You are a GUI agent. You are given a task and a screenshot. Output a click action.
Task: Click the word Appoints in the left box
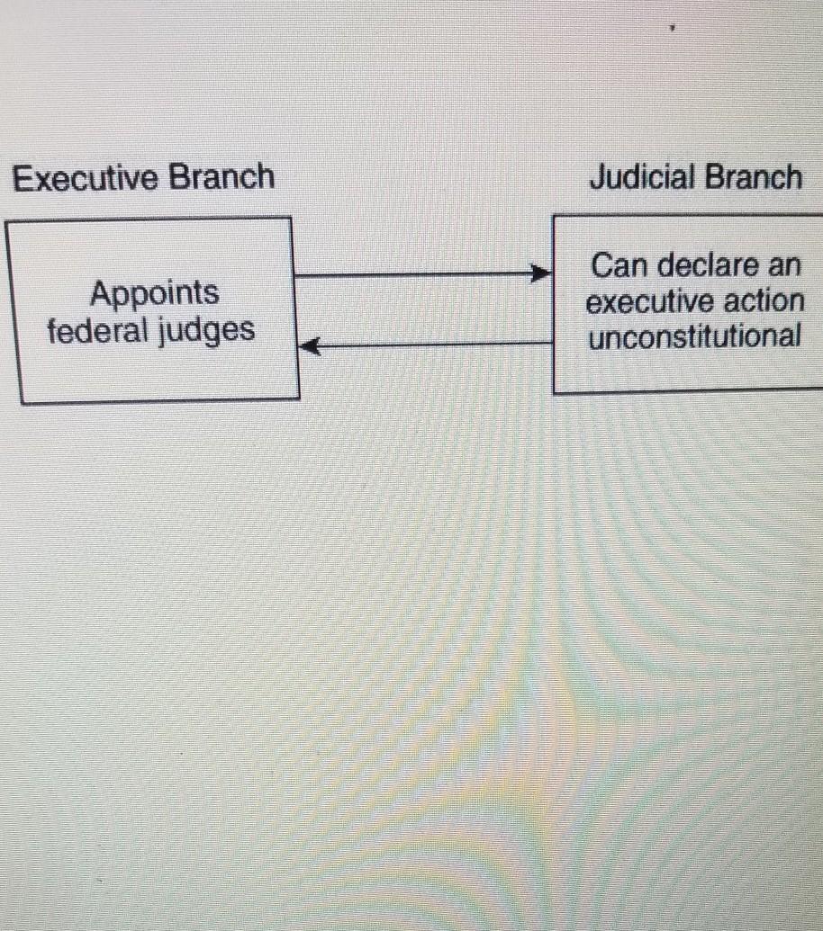pos(154,294)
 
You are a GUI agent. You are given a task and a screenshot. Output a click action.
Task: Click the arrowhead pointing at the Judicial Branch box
pos(542,273)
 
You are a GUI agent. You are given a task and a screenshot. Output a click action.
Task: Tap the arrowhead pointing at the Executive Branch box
pos(309,345)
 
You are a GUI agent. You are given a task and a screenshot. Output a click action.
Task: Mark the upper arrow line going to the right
pos(414,274)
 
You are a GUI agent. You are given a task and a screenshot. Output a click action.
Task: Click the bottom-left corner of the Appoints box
pos(22,402)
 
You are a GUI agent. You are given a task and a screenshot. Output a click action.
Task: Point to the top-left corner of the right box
pos(554,216)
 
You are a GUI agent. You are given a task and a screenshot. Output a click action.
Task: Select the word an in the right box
pos(785,266)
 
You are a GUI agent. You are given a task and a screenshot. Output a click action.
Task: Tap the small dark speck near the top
pos(671,29)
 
